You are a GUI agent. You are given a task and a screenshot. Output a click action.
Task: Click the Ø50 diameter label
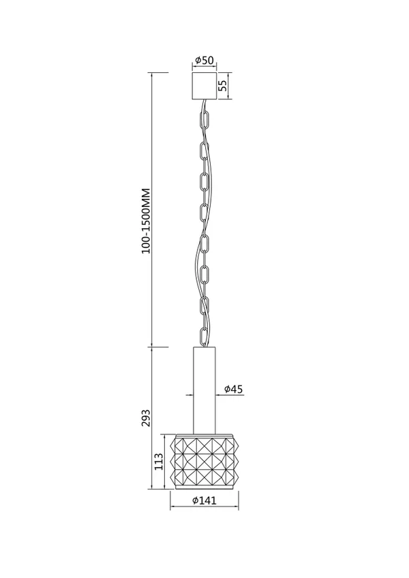[x=204, y=60]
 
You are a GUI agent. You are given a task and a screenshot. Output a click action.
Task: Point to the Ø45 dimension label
[x=234, y=389]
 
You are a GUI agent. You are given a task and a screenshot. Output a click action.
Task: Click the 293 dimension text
[x=146, y=417]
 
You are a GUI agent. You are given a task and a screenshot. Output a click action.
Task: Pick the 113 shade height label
[x=158, y=461]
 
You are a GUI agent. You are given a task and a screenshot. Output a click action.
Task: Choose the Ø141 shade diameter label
[x=204, y=500]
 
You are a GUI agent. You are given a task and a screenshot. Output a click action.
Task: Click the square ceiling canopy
[x=204, y=86]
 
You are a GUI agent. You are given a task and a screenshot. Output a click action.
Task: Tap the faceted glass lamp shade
[x=204, y=462]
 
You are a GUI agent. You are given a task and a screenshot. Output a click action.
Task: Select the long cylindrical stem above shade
[x=204, y=389]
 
